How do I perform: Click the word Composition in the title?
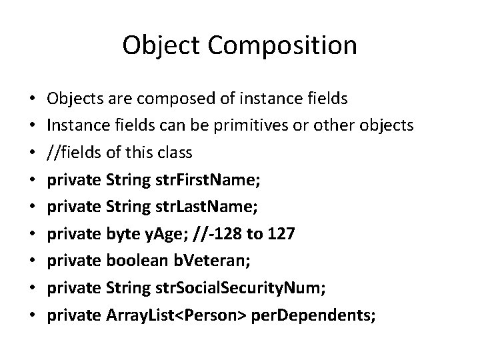coord(291,45)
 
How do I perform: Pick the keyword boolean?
coord(137,262)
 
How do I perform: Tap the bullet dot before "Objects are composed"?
coord(32,99)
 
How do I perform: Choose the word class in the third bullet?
coord(175,153)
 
